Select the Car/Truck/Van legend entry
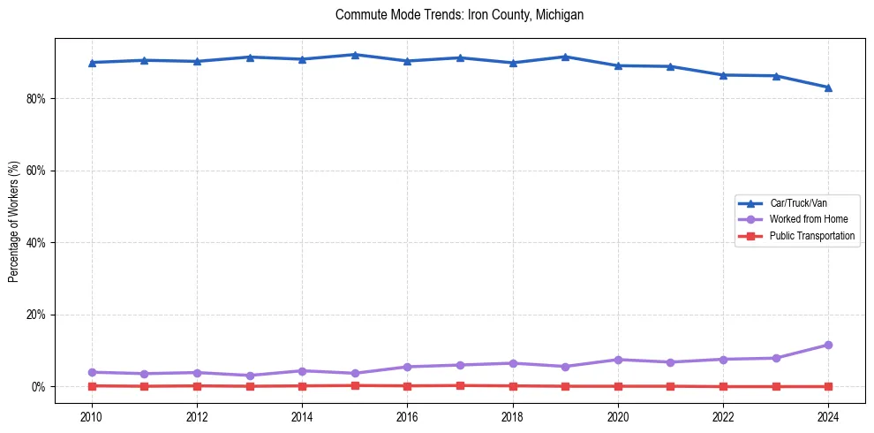pos(798,203)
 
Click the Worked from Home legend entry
pos(804,219)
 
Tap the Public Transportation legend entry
pos(811,236)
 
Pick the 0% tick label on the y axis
pos(38,387)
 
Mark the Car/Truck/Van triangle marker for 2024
pos(828,87)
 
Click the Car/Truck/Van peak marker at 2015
pos(355,55)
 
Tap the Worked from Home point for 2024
pos(828,345)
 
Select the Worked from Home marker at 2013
pos(250,376)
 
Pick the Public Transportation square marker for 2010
pos(92,385)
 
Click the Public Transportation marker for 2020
pos(618,386)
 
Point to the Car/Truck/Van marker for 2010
pos(92,63)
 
